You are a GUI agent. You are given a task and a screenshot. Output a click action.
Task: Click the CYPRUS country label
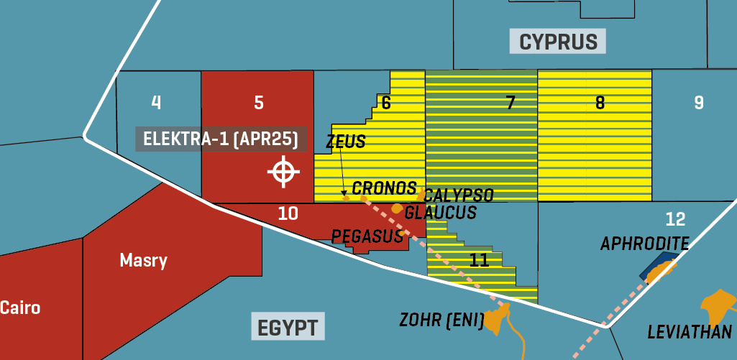pos(558,41)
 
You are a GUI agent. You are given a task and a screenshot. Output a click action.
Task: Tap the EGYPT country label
pos(288,326)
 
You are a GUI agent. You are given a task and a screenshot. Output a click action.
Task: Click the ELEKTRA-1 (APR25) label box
pos(221,139)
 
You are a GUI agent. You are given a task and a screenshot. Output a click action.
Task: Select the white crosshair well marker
pos(283,172)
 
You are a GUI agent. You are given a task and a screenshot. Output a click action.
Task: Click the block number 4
pos(156,102)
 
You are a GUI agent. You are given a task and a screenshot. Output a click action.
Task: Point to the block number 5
pos(259,103)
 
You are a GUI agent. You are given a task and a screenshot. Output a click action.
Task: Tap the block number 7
pos(511,103)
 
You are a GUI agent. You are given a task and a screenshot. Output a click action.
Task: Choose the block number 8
pos(600,103)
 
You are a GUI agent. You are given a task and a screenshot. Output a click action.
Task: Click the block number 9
pos(698,103)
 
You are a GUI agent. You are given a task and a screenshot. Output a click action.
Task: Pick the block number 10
pos(288,213)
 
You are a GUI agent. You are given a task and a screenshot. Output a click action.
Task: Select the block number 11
pos(479,259)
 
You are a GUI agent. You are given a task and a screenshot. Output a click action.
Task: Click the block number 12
pos(675,219)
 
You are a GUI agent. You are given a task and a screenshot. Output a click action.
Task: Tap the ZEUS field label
pos(346,142)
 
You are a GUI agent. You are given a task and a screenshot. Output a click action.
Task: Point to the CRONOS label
pos(384,188)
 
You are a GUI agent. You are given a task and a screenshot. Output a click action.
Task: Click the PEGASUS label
pos(367,236)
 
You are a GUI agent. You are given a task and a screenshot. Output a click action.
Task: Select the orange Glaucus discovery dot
pos(396,208)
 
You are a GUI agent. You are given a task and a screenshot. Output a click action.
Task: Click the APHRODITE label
pos(644,244)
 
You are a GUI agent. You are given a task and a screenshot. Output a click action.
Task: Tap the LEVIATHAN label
pos(689,332)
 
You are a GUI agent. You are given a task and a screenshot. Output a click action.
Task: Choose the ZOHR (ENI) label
pos(441,319)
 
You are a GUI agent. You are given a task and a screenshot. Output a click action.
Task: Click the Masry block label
pos(143,260)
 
